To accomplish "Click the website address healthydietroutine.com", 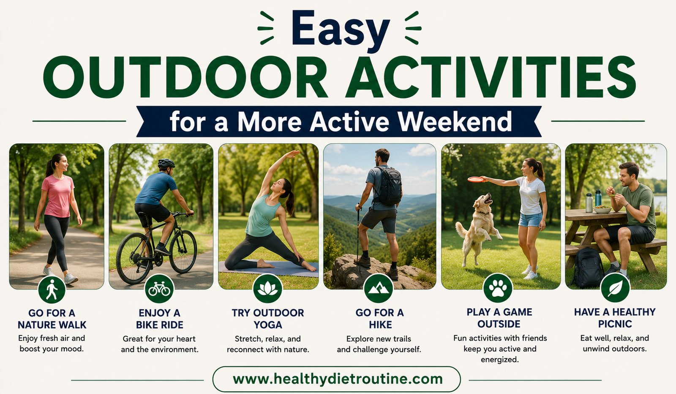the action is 338,379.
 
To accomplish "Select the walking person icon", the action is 52,290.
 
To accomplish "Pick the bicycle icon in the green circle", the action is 159,289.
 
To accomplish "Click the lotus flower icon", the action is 267,289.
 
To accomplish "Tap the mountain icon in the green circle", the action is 379,289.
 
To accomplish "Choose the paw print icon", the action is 498,289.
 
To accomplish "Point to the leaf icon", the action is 615,289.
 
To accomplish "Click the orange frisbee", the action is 476,179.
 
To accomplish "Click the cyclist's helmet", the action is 166,163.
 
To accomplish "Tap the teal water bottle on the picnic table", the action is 598,198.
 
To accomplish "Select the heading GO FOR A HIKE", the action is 380,318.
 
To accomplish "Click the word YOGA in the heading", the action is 268,325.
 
